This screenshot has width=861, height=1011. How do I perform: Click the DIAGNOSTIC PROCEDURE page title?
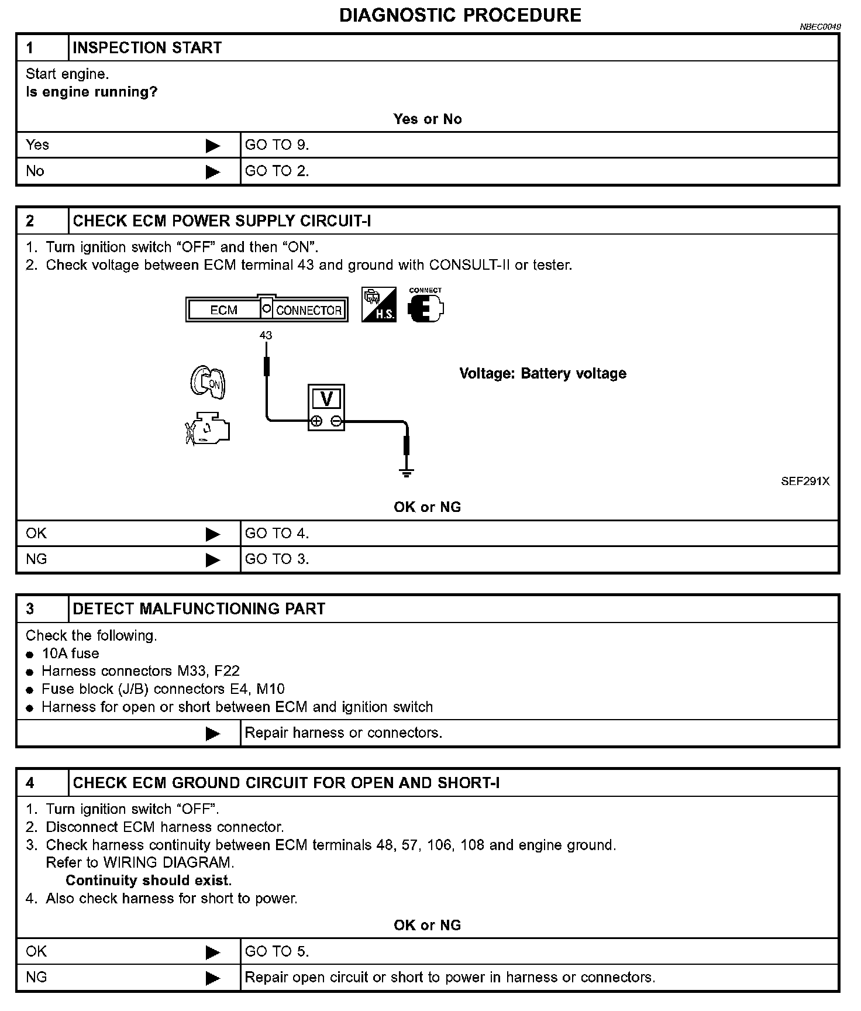tap(460, 15)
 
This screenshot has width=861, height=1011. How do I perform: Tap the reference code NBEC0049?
tap(820, 27)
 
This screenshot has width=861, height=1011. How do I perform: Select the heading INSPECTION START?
tap(147, 48)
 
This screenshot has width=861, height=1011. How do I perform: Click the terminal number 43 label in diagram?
tap(266, 335)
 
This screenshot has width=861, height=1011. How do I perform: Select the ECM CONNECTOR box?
tap(267, 310)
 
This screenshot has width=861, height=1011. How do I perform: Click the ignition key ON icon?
tap(208, 383)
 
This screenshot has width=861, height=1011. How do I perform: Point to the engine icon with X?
tap(207, 429)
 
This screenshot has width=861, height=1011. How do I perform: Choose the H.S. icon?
tap(378, 304)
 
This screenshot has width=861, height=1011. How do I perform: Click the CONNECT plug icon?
tap(425, 306)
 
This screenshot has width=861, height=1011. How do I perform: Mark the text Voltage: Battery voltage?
tap(542, 373)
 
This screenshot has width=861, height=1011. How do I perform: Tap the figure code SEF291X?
tap(805, 482)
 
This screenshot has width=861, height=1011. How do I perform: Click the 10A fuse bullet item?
tap(70, 654)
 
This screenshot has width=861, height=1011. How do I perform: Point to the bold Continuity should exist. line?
tap(149, 881)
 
